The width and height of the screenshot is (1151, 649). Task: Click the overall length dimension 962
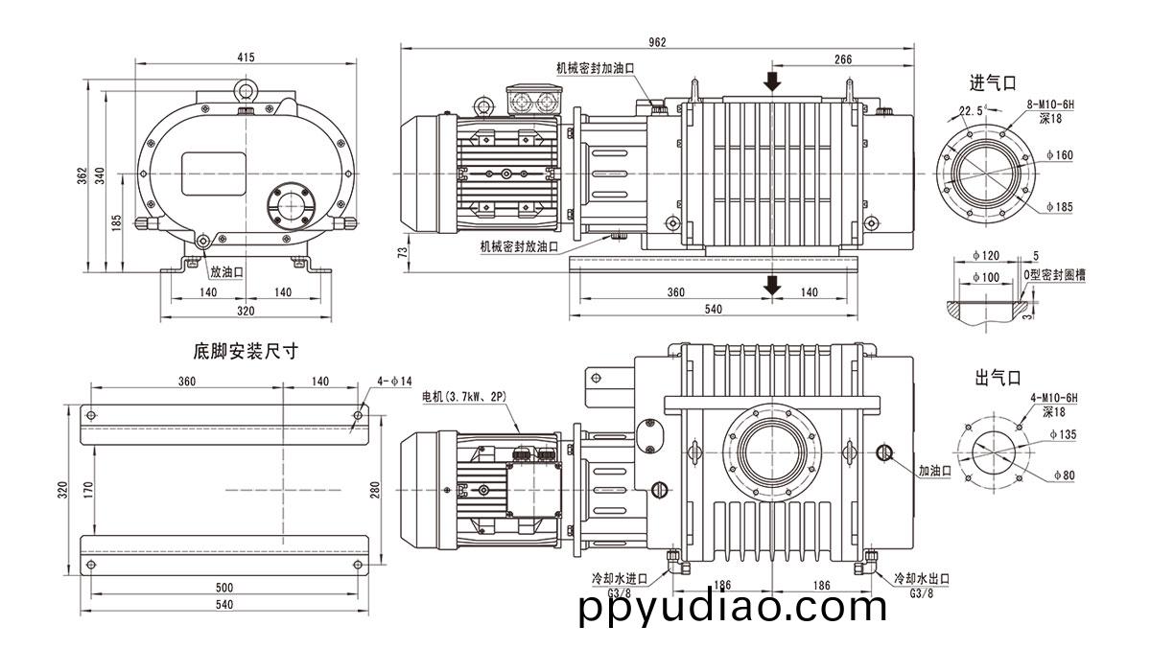(657, 41)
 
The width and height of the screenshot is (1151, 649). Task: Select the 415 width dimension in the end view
(246, 58)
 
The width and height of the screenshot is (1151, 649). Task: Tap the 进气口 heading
(992, 83)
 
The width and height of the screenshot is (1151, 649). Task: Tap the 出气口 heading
(995, 378)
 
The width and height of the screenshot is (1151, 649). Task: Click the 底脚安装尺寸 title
(246, 352)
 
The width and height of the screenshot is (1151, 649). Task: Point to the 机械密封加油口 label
(596, 68)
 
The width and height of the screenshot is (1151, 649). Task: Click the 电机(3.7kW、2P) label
(465, 396)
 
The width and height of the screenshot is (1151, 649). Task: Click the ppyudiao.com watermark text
(733, 608)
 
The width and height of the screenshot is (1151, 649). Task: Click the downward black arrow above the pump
(773, 80)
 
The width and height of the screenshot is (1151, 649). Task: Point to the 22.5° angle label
(973, 110)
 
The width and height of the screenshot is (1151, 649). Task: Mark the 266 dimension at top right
(842, 59)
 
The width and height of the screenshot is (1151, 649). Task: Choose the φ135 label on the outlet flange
(1061, 434)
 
